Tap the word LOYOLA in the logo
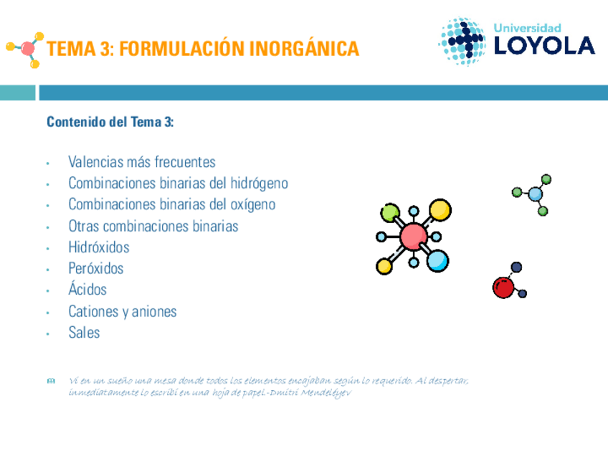(544, 46)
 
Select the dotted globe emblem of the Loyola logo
(462, 41)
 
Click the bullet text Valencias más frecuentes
(141, 162)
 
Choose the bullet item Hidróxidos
(98, 247)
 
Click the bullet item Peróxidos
(95, 269)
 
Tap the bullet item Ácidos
(87, 290)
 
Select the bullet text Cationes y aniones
(122, 311)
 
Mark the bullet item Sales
(84, 333)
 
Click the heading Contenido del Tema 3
(110, 123)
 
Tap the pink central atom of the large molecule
(414, 236)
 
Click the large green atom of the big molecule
(390, 212)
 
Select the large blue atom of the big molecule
(437, 260)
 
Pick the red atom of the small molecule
(503, 288)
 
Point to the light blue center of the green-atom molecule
(535, 194)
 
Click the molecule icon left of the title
(27, 49)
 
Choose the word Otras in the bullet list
(84, 227)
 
